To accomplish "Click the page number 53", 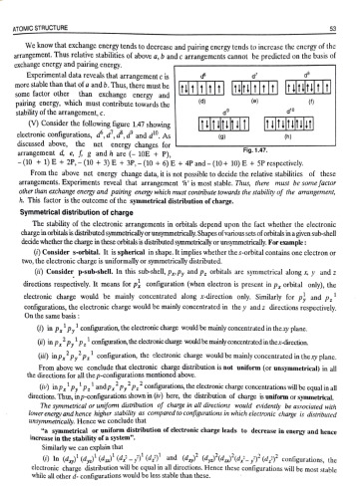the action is (x=341, y=13).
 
